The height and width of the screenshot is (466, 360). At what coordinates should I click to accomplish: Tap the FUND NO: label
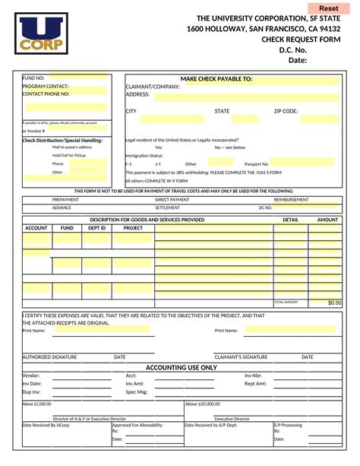(x=33, y=78)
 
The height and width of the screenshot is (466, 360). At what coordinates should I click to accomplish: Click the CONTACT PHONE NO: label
(x=46, y=94)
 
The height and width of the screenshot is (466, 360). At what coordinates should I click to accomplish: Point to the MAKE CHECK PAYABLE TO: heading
(x=216, y=79)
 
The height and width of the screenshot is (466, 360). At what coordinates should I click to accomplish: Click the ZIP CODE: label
(x=286, y=111)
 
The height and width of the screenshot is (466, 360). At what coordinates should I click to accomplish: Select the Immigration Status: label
(x=144, y=155)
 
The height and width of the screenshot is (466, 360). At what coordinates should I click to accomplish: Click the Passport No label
(x=256, y=163)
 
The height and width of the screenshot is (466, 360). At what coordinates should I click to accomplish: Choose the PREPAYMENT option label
(x=65, y=199)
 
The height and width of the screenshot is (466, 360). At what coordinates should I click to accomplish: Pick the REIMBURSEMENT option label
(x=292, y=199)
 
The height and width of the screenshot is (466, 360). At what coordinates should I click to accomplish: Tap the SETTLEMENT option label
(x=168, y=207)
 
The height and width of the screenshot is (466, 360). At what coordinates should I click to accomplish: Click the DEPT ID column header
(x=96, y=228)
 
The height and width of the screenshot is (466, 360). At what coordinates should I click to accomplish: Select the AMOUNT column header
(x=327, y=220)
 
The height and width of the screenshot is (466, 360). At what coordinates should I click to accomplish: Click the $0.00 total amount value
(x=334, y=303)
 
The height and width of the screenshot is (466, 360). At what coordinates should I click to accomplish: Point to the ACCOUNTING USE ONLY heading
(x=182, y=367)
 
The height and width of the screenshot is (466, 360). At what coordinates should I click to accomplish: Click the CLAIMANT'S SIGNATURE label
(x=241, y=357)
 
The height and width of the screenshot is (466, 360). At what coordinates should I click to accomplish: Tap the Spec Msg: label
(x=136, y=392)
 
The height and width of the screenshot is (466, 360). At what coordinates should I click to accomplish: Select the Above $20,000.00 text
(x=203, y=404)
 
